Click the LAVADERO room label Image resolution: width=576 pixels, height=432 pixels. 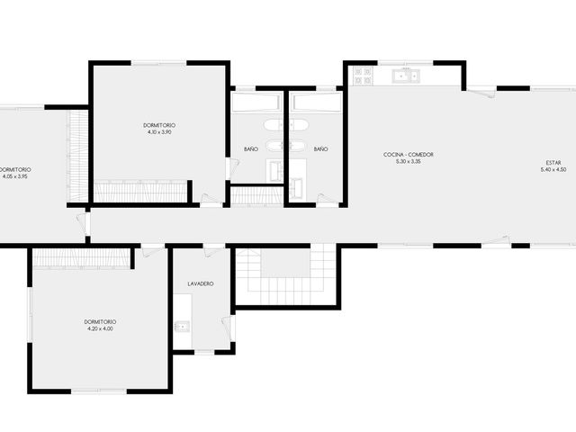[x=201, y=284]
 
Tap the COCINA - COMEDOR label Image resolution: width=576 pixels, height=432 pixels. [x=408, y=155]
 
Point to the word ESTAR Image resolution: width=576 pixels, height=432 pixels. [x=553, y=163]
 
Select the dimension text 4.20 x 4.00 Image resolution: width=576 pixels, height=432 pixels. [x=100, y=328]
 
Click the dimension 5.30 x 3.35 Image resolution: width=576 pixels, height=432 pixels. [x=408, y=161]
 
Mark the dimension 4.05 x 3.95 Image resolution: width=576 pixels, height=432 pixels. [x=14, y=176]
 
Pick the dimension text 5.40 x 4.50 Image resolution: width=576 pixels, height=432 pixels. [x=553, y=169]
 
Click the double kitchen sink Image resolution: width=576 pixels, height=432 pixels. [x=406, y=76]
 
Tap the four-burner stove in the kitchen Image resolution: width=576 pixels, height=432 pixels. [x=363, y=76]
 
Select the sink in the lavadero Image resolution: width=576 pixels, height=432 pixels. [x=182, y=326]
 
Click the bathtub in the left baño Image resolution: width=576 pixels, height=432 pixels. [x=256, y=103]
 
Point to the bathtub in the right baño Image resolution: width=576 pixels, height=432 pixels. [x=318, y=103]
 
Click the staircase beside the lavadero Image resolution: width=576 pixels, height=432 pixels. [x=286, y=274]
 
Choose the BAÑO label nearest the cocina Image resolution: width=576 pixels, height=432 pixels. [x=320, y=149]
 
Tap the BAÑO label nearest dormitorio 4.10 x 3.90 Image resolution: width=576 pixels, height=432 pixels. [x=251, y=149]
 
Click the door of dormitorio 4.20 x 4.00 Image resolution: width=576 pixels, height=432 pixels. [x=152, y=251]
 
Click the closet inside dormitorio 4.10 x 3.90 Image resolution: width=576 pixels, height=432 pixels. [x=140, y=192]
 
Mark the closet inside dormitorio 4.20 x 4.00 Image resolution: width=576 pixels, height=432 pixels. [x=82, y=257]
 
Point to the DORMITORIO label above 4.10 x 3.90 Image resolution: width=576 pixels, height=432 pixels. [x=159, y=126]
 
